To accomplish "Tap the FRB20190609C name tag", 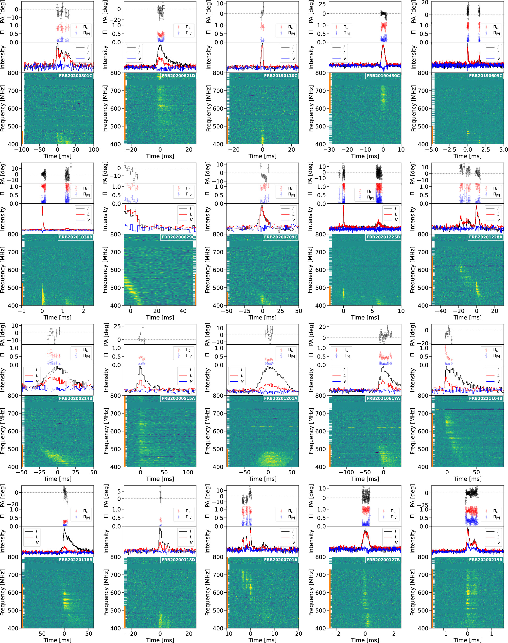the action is click(485, 76).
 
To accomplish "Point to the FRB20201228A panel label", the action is click(485, 237).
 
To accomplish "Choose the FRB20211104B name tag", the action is click(485, 398).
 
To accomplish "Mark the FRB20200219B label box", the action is click(485, 560).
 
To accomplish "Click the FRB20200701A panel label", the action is click(280, 560).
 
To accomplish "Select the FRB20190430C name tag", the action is click(383, 76).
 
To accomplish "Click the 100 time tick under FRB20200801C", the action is click(93, 149).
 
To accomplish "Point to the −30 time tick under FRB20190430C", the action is click(329, 149).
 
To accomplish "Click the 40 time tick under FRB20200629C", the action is click(183, 311).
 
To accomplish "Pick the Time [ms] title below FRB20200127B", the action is click(365, 640).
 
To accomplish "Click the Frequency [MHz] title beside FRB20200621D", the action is click(105, 108).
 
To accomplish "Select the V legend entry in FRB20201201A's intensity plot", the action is click(237, 381).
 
